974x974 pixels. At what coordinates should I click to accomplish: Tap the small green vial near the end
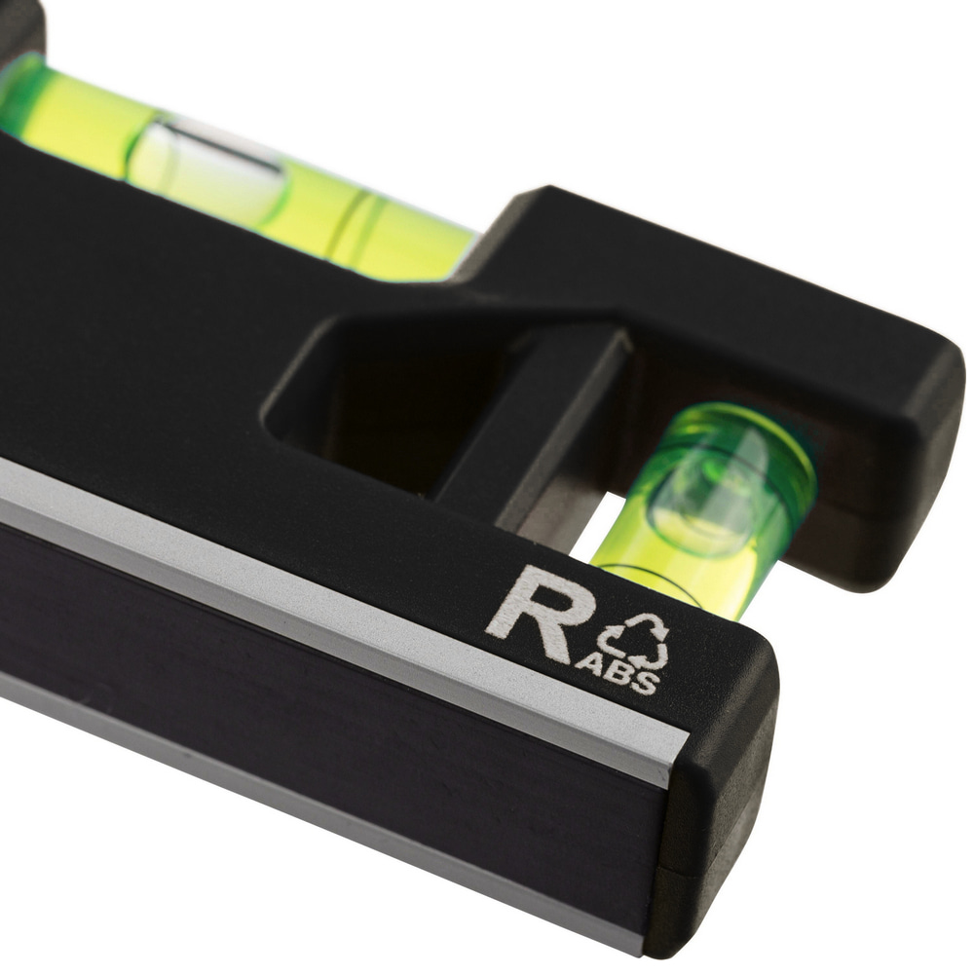click(x=702, y=509)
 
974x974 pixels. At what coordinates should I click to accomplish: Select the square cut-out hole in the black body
click(x=385, y=397)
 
